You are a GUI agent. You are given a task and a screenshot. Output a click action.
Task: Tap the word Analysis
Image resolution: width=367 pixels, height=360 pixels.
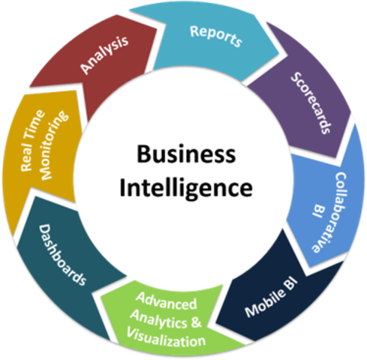tap(104, 55)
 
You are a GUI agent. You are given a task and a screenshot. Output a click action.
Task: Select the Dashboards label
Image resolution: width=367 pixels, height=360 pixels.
tap(62, 255)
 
